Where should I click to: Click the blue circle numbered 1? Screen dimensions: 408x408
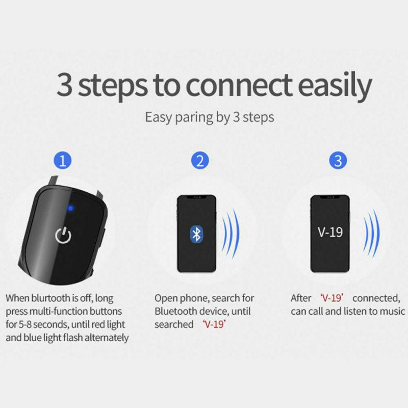pos(63,162)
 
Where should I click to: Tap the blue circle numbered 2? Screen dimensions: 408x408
pos(200,162)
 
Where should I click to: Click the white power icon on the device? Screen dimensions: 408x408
pos(63,236)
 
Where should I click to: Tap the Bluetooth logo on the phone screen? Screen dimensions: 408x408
pos(196,234)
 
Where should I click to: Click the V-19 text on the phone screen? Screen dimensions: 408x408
pos(330,233)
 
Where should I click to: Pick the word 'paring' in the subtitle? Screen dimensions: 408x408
pos(195,117)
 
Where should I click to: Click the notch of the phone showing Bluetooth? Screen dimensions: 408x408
pos(196,197)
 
